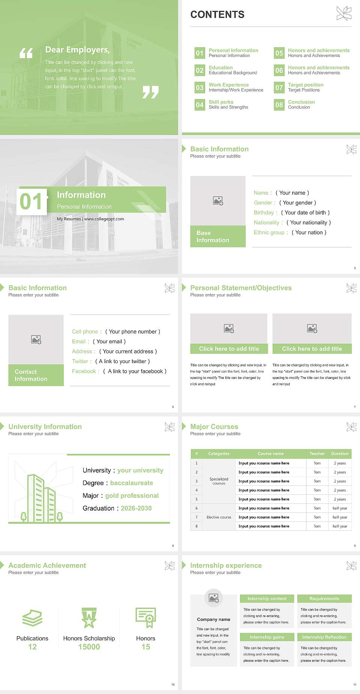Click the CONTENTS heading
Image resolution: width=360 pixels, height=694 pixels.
pos(217,15)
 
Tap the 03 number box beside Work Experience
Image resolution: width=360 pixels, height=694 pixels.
pos(199,87)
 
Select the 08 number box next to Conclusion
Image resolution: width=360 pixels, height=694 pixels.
pos(279,105)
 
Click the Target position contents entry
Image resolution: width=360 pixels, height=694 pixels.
pos(305,85)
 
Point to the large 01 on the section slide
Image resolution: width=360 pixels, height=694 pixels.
pos(31,202)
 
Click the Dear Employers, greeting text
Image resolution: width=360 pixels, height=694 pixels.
pos(77,50)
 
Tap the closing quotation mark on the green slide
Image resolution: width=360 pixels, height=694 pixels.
pos(150,92)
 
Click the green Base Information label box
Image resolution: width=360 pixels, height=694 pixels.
pos(217,236)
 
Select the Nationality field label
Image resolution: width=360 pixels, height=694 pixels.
pos(267,222)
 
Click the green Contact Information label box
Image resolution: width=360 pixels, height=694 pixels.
pos(36,375)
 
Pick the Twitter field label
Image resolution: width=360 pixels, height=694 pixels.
pos(80,361)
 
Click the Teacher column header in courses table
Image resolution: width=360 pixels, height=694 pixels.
pos(317,454)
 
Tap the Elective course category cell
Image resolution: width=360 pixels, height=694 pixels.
pos(219,517)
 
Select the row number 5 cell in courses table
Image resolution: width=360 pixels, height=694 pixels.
pos(196,499)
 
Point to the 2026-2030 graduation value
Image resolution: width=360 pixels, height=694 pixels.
pos(136,508)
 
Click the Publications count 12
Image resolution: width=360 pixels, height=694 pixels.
pos(32,647)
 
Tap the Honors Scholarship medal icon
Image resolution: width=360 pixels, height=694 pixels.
pos(89,618)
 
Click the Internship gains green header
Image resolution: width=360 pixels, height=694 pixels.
pos(267,637)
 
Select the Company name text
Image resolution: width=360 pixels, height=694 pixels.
pos(213,619)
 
